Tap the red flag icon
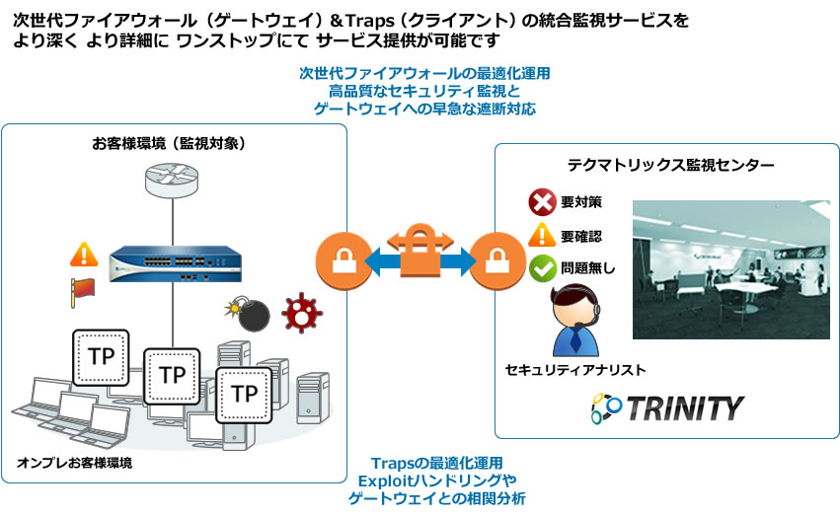pyautogui.click(x=83, y=289)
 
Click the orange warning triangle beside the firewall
pyautogui.click(x=83, y=255)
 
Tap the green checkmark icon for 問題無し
pyautogui.click(x=541, y=266)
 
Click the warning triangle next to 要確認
pyautogui.click(x=541, y=235)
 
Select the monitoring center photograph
pyautogui.click(x=729, y=269)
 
